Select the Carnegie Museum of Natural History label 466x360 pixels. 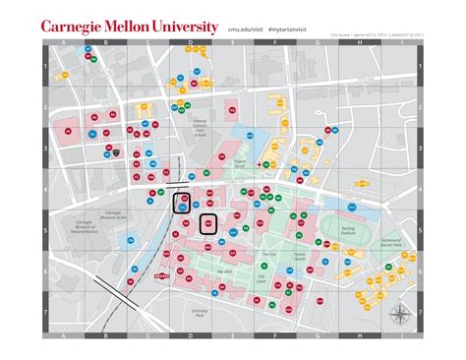click(x=88, y=227)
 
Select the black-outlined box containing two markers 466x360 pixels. click(x=183, y=204)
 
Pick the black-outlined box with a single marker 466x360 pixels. click(x=209, y=223)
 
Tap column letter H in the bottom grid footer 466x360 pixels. click(x=358, y=335)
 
